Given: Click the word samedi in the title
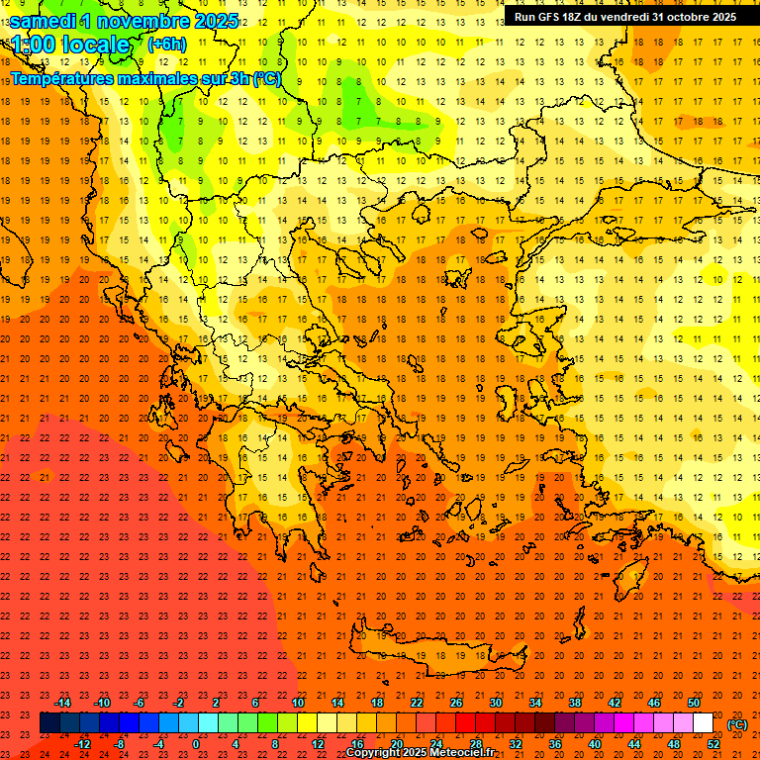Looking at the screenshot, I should click(x=43, y=21).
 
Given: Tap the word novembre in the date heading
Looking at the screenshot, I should click(x=138, y=21).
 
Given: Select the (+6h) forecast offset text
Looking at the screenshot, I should click(x=166, y=44).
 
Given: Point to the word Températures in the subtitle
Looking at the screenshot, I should click(x=60, y=78).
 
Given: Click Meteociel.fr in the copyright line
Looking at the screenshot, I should click(x=469, y=753).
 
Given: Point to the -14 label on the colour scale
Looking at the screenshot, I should click(x=61, y=703).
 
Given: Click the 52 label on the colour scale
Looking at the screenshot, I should click(x=713, y=744).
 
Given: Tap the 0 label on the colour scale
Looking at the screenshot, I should click(x=196, y=744).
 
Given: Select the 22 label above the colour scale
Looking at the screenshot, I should click(x=417, y=703).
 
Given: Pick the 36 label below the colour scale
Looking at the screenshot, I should click(x=555, y=744).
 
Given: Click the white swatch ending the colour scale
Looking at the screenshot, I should click(x=703, y=723).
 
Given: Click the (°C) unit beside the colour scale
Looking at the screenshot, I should click(x=736, y=724).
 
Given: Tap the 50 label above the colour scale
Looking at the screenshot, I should click(x=694, y=703).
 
